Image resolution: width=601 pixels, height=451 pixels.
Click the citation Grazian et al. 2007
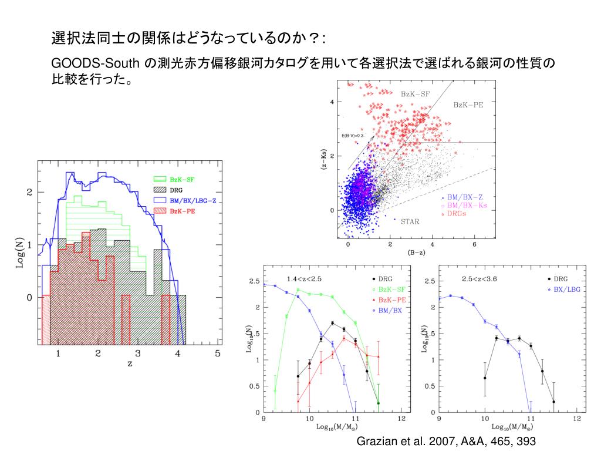pos(447,440)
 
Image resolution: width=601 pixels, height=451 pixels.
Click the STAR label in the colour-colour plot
pos(410,222)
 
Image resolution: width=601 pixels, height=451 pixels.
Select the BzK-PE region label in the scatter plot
pos(468,105)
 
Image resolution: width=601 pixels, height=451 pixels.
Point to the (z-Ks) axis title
pos(324,160)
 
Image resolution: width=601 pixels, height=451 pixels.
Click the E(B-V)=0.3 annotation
pos(353,136)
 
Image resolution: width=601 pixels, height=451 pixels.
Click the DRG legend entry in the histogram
pos(176,190)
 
